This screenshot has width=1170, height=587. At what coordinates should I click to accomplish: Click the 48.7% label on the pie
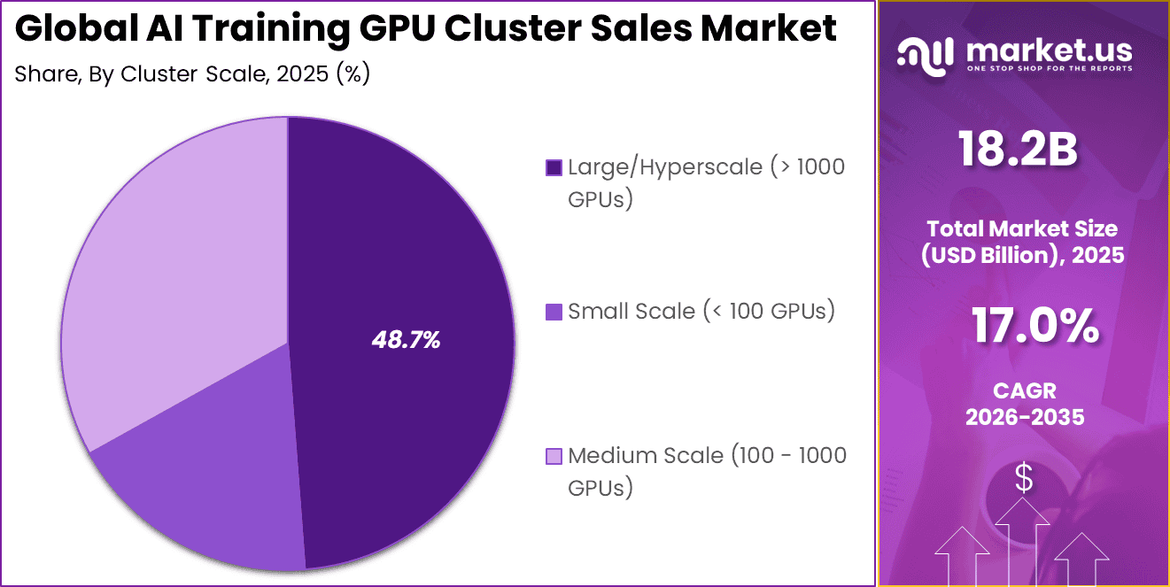click(405, 340)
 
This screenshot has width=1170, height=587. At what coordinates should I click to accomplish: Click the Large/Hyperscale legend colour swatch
click(554, 167)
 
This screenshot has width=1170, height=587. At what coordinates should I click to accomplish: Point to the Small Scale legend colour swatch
click(554, 312)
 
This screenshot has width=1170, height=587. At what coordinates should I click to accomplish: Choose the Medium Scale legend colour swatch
click(554, 457)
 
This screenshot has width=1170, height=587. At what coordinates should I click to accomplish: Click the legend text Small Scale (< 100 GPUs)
click(701, 312)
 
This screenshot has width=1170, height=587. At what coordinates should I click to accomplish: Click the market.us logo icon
click(925, 54)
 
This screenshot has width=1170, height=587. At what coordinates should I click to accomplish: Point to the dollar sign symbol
click(1024, 479)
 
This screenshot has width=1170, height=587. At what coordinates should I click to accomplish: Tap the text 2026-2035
click(1024, 417)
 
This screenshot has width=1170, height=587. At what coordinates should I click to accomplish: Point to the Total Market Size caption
click(1023, 228)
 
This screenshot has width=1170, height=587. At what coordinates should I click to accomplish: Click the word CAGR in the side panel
click(1024, 390)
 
